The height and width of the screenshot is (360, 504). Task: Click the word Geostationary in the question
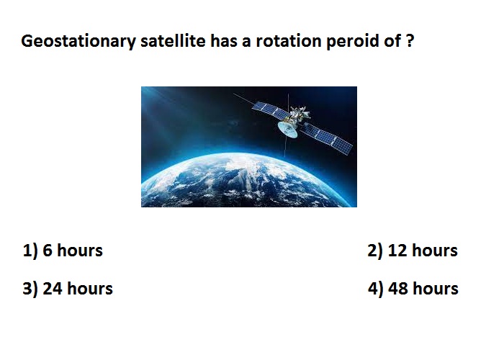pos(78,42)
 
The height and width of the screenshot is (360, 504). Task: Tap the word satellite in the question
pos(173,41)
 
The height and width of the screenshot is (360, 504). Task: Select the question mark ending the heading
pos(410,41)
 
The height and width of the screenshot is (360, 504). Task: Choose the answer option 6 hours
pos(72,251)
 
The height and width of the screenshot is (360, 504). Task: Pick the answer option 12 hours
pos(423,251)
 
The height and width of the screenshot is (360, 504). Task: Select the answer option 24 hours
pos(78,288)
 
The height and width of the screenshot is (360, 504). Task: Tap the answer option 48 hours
pos(423,288)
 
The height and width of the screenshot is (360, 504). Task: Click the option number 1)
pos(30,251)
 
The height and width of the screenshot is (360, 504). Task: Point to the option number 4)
pos(376,289)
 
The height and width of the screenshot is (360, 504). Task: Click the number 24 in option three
pos(53,288)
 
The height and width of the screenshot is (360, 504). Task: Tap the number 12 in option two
pos(397,251)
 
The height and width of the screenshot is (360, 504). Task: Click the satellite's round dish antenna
pos(288,129)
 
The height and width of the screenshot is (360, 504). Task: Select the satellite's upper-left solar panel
pos(270,109)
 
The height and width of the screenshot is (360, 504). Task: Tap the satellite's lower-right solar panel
pos(328,138)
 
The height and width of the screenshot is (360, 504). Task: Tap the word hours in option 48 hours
pos(436,288)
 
